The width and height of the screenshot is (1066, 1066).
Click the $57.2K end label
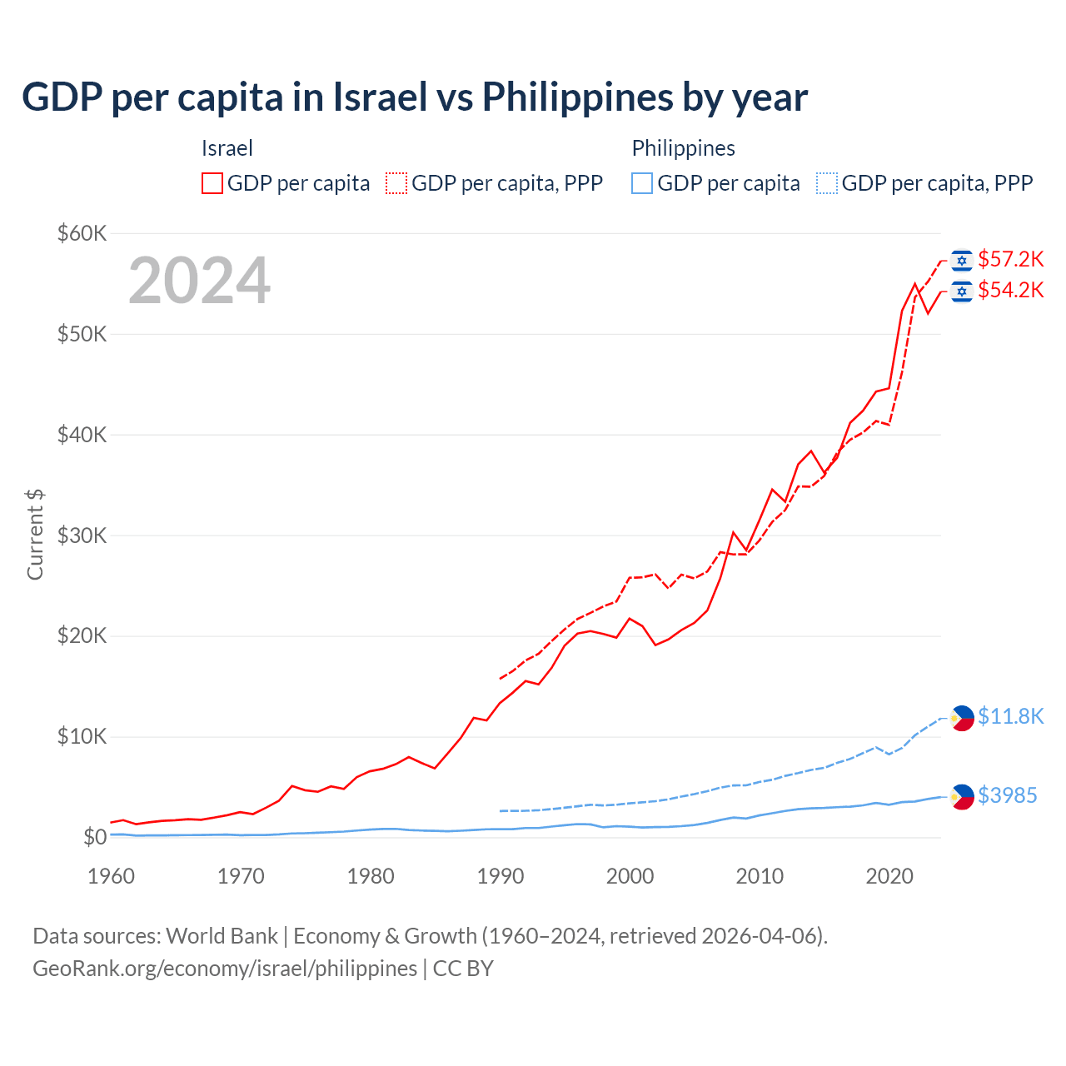coord(1010,260)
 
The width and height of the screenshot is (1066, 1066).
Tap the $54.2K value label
coord(1010,291)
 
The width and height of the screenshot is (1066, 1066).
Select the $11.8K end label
coord(1010,717)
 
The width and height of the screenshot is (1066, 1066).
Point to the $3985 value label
coord(1007,796)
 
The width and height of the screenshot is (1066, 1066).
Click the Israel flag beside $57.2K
coord(962,261)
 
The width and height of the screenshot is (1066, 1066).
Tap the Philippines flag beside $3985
coord(962,797)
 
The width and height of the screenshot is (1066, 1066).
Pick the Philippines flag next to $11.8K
coord(962,717)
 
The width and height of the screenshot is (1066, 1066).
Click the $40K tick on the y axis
coord(82,435)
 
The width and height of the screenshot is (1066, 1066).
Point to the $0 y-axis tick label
coord(95,838)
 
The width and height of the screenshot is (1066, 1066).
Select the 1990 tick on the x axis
coord(501,876)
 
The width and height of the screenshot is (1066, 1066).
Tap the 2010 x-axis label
coord(760,876)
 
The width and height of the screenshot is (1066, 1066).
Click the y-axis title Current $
coord(35,535)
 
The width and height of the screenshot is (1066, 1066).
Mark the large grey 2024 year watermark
coord(200,281)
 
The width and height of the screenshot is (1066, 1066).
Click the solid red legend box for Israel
coord(212,183)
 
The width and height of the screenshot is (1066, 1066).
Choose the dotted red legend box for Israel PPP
coord(396,183)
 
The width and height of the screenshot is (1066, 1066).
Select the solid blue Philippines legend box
coord(642,183)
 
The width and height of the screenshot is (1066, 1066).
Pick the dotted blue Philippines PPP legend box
coord(827,183)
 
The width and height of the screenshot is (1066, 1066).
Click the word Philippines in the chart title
coord(578,97)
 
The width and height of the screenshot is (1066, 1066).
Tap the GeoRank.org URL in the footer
coord(225,969)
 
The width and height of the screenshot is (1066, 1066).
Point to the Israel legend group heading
coord(227,148)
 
